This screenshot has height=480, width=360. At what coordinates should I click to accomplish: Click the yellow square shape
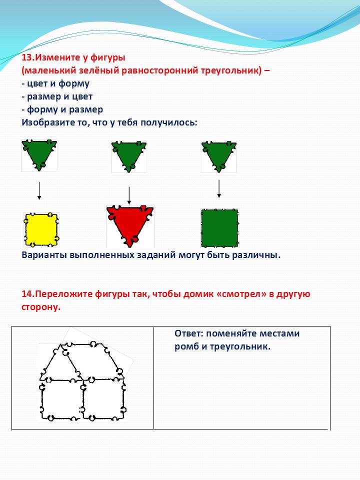pos(41,230)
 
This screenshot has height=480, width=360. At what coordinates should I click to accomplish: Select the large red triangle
pos(130,224)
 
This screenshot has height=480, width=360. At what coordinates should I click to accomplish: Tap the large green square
pos(219,228)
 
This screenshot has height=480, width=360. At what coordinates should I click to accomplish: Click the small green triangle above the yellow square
pos(39,154)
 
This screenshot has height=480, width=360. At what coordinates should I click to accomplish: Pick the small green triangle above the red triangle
pos(129,155)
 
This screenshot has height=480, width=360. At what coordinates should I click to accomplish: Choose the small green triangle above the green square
pos(218,154)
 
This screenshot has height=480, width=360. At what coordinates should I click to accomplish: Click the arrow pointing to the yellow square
pos(39,192)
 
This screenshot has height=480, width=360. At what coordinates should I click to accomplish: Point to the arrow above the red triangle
pos(129,194)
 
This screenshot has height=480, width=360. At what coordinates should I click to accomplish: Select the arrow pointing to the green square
pos(218,188)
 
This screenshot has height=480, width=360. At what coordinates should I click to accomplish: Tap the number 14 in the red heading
pos(27,294)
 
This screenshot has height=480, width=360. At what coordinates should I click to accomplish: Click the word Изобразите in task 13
pos(47,121)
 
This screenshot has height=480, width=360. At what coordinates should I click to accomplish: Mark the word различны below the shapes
pos(256,255)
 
